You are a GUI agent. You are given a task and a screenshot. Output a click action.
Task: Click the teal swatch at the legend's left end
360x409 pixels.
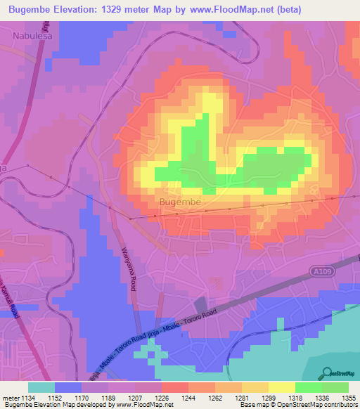click(x=41, y=387)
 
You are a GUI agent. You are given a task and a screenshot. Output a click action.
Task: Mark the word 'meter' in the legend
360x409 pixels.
click(x=9, y=397)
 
